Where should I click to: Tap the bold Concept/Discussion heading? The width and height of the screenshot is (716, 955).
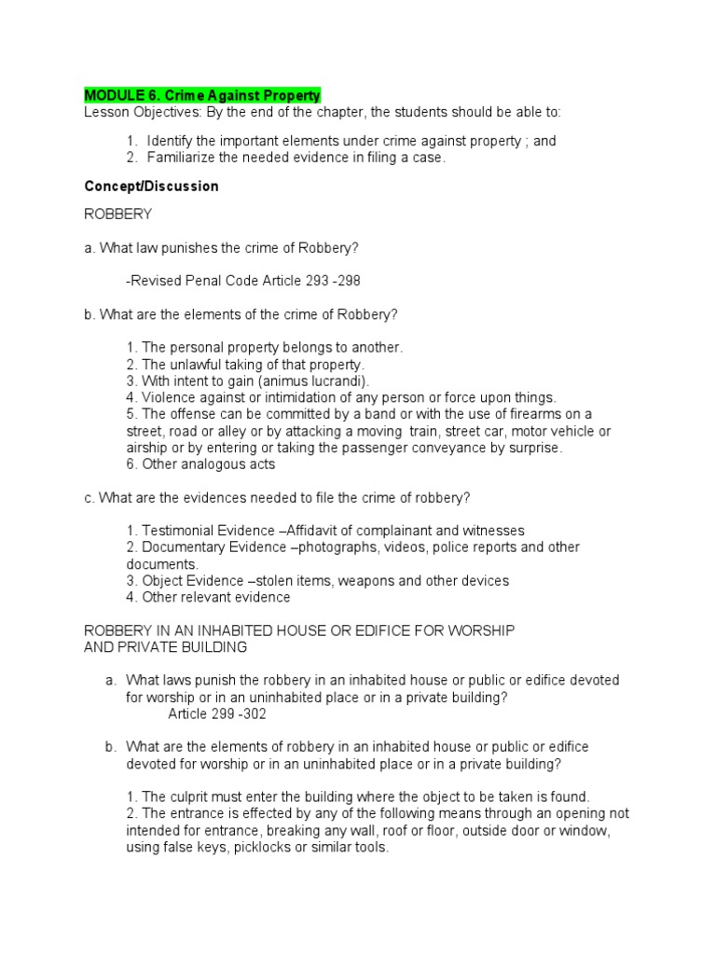click(152, 186)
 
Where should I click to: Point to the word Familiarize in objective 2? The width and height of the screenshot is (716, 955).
click(183, 158)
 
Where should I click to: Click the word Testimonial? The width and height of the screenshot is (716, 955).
click(181, 530)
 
